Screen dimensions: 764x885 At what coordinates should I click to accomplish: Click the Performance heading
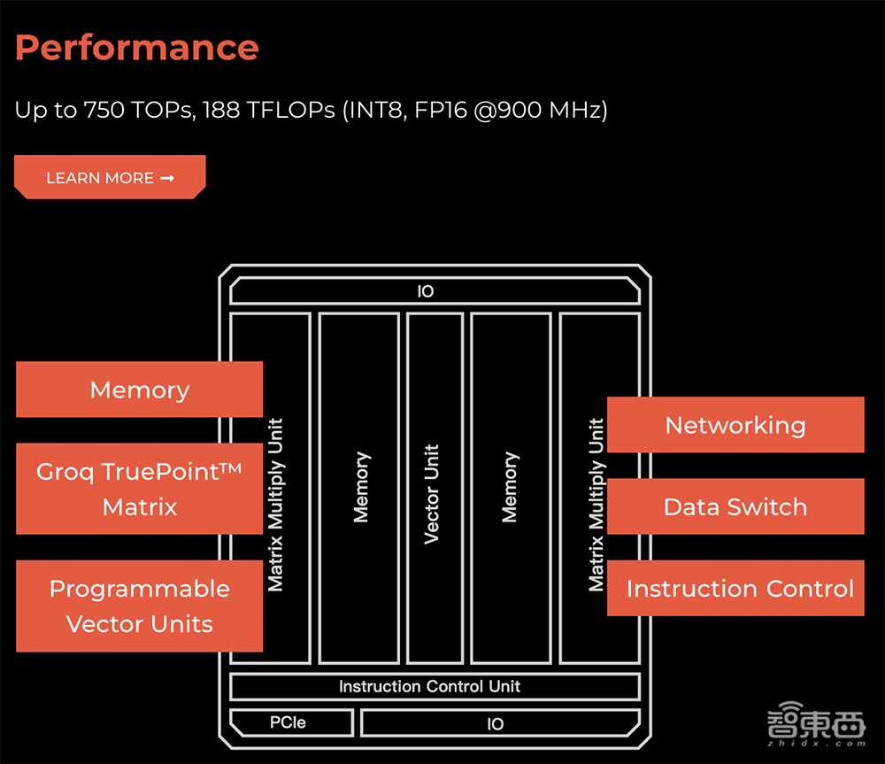click(x=137, y=47)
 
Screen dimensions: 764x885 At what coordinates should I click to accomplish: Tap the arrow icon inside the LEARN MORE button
click(x=167, y=178)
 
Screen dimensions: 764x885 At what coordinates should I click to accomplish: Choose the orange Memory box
click(x=139, y=390)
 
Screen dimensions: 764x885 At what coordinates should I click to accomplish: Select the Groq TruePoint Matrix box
click(x=139, y=489)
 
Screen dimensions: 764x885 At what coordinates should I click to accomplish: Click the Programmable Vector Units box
click(x=139, y=606)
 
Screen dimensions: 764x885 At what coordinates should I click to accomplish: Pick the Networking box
click(x=735, y=425)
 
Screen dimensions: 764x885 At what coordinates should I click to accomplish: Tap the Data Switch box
click(x=735, y=506)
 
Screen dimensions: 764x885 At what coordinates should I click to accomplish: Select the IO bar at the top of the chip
click(x=426, y=291)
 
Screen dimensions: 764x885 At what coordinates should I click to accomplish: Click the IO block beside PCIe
click(x=496, y=723)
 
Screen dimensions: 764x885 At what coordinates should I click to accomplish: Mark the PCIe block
click(x=288, y=722)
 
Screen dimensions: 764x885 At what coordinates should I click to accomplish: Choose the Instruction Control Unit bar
click(x=430, y=686)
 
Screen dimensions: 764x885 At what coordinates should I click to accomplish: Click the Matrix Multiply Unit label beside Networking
click(x=597, y=505)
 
